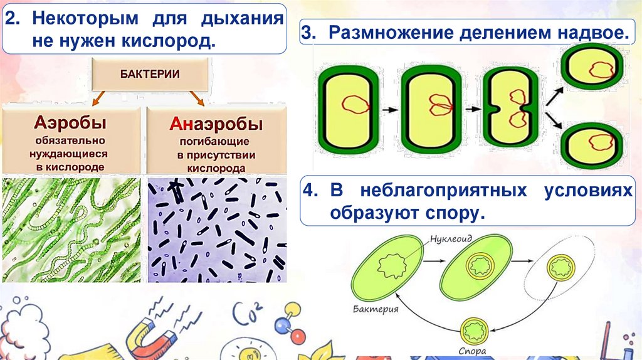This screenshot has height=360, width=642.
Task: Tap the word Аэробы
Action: (x=71, y=122)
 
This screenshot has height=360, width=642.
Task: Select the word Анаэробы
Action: (x=215, y=123)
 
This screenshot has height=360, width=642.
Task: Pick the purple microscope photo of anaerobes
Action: (x=216, y=230)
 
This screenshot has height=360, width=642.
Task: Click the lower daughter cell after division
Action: (x=592, y=145)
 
